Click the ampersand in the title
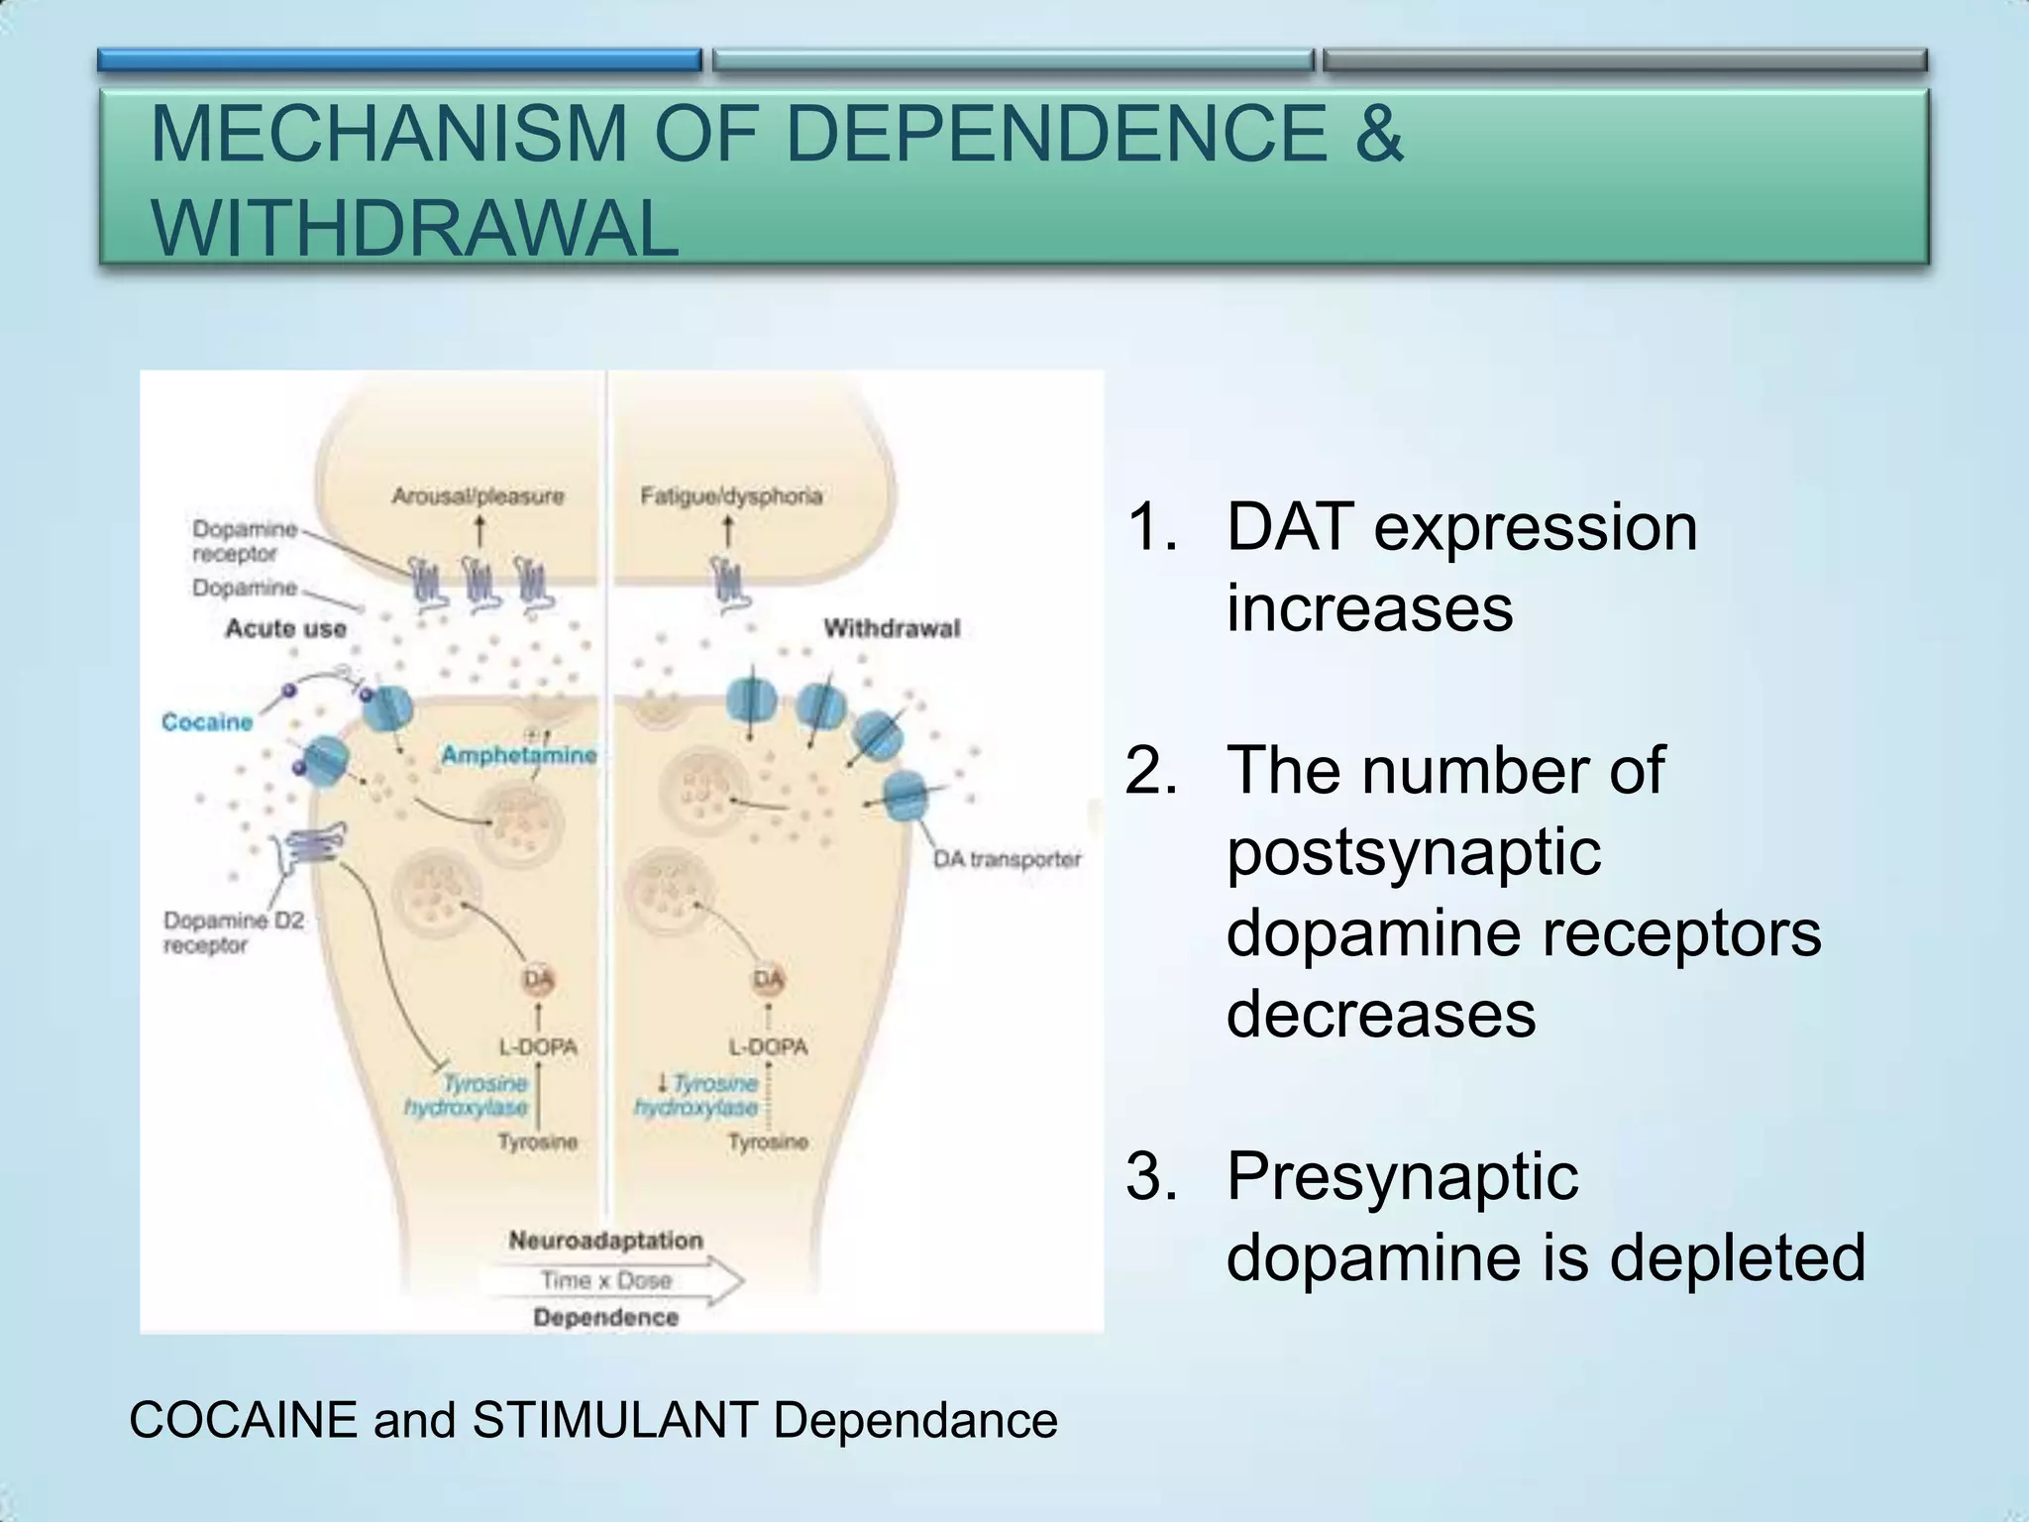tap(1378, 134)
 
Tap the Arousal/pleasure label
tap(478, 495)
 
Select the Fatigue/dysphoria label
tap(731, 495)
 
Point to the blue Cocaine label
tap(207, 721)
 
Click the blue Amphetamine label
tap(519, 755)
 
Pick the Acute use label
tap(285, 628)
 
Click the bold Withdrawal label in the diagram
tap(892, 628)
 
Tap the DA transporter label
tap(1007, 859)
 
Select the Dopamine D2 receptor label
tap(233, 932)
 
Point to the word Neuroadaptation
tap(605, 1241)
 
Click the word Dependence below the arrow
tap(605, 1318)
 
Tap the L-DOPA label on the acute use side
tap(537, 1046)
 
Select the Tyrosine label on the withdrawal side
tap(768, 1142)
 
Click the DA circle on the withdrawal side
tap(768, 980)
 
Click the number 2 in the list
tap(1149, 770)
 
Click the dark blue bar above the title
tap(399, 60)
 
